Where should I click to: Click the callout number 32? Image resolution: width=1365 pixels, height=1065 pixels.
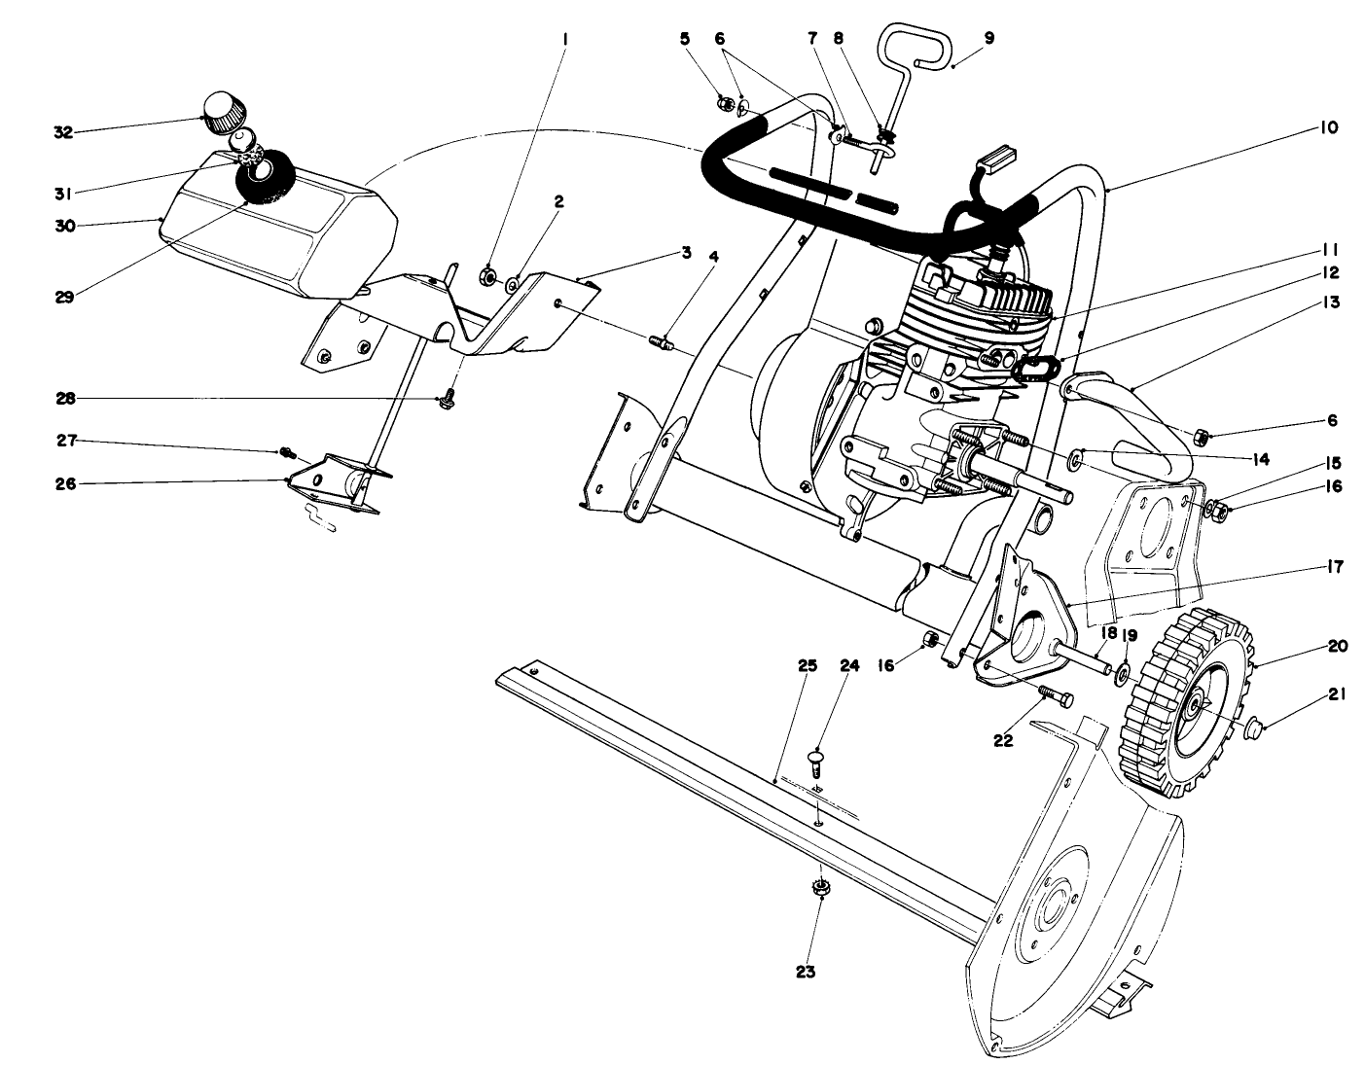coord(63,132)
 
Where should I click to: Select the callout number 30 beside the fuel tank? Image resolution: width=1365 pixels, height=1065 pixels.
coord(63,225)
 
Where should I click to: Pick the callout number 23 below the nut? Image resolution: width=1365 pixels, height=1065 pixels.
coord(806,971)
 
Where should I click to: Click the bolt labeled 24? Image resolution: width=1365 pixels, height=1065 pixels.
coord(816,759)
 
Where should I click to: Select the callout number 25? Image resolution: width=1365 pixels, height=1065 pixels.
coord(807,666)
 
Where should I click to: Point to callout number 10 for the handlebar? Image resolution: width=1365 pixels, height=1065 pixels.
coord(1329,127)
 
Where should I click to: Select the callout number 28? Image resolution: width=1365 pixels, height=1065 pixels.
coord(63,398)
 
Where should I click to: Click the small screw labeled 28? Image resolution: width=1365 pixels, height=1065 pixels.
coord(448,399)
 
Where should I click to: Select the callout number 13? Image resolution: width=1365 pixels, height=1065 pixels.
coord(1329,302)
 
